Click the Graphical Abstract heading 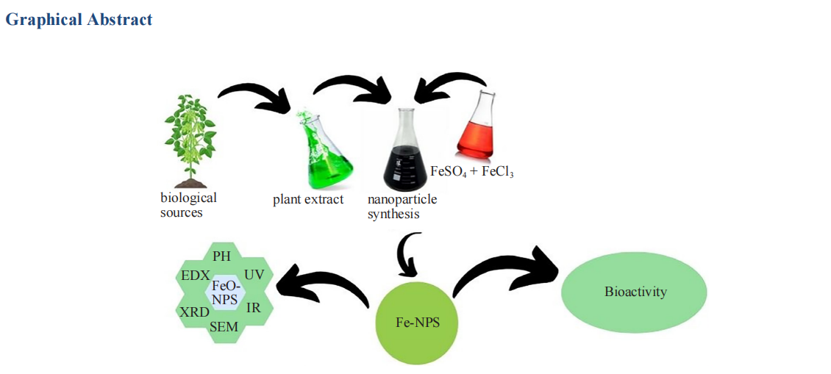(x=79, y=20)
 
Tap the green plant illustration (x=190, y=143)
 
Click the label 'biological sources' (x=188, y=205)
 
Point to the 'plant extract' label (x=308, y=199)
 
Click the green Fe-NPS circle (x=418, y=321)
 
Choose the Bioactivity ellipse (x=635, y=292)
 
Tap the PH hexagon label (x=221, y=256)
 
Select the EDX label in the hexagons (x=195, y=276)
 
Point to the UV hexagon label (x=254, y=274)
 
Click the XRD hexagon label (x=194, y=312)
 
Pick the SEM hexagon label (x=224, y=327)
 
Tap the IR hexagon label (x=254, y=308)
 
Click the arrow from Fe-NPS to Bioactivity (x=507, y=269)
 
